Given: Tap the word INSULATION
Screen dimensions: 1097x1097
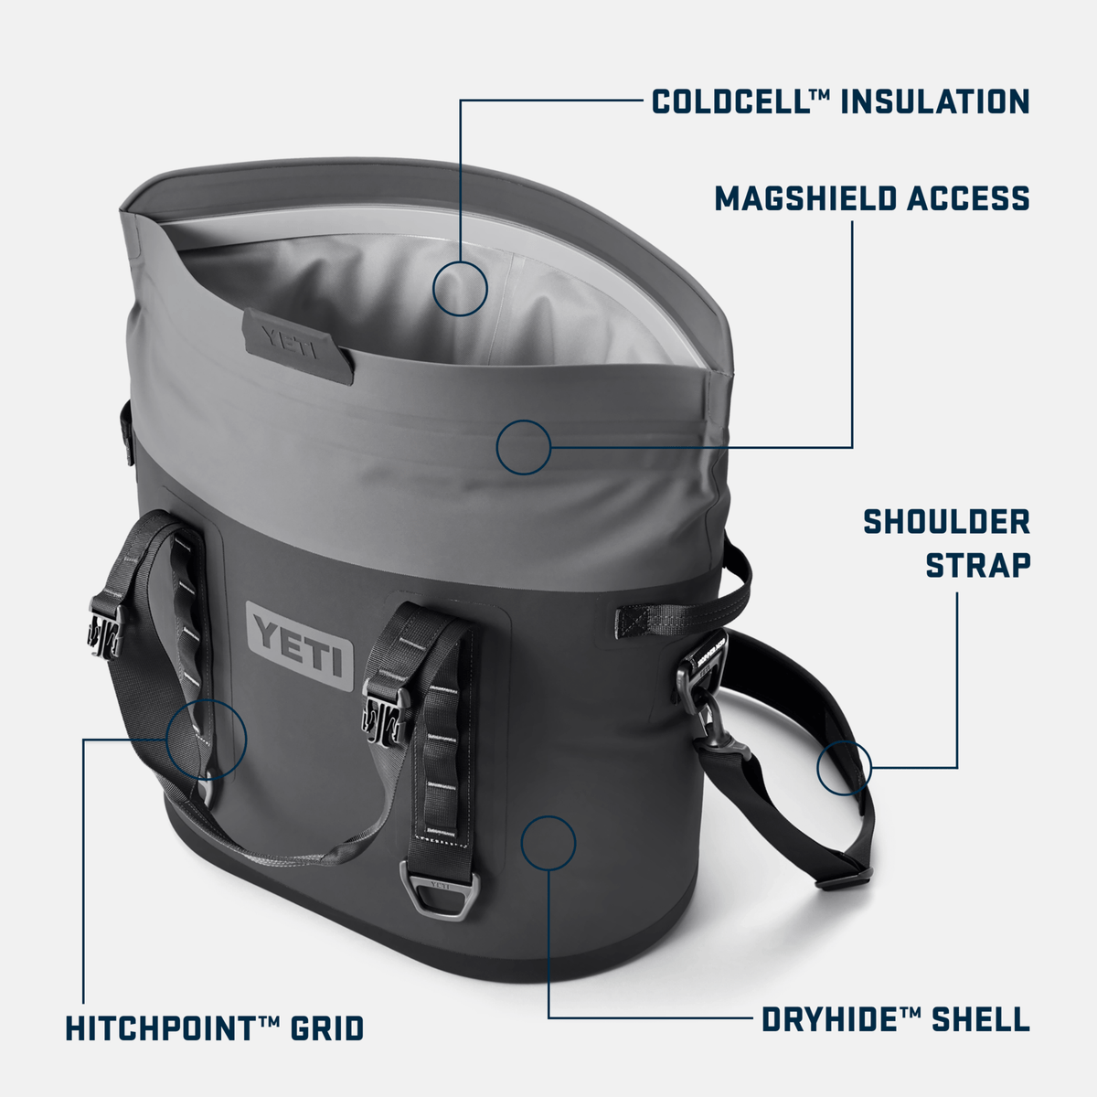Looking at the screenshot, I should [x=934, y=101].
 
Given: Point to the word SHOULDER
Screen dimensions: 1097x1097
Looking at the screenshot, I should [x=946, y=522].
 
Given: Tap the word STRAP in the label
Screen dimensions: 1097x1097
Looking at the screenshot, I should [x=977, y=565].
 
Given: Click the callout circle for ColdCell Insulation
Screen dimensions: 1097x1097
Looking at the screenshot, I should [x=460, y=288].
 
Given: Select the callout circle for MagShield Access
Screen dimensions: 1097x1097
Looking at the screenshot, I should [x=524, y=447].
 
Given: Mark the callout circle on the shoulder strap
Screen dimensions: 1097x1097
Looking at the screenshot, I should [x=844, y=767].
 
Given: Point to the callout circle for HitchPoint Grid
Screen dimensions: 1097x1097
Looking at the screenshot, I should [x=207, y=738].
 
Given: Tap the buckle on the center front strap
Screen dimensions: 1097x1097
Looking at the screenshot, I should [x=381, y=706].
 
